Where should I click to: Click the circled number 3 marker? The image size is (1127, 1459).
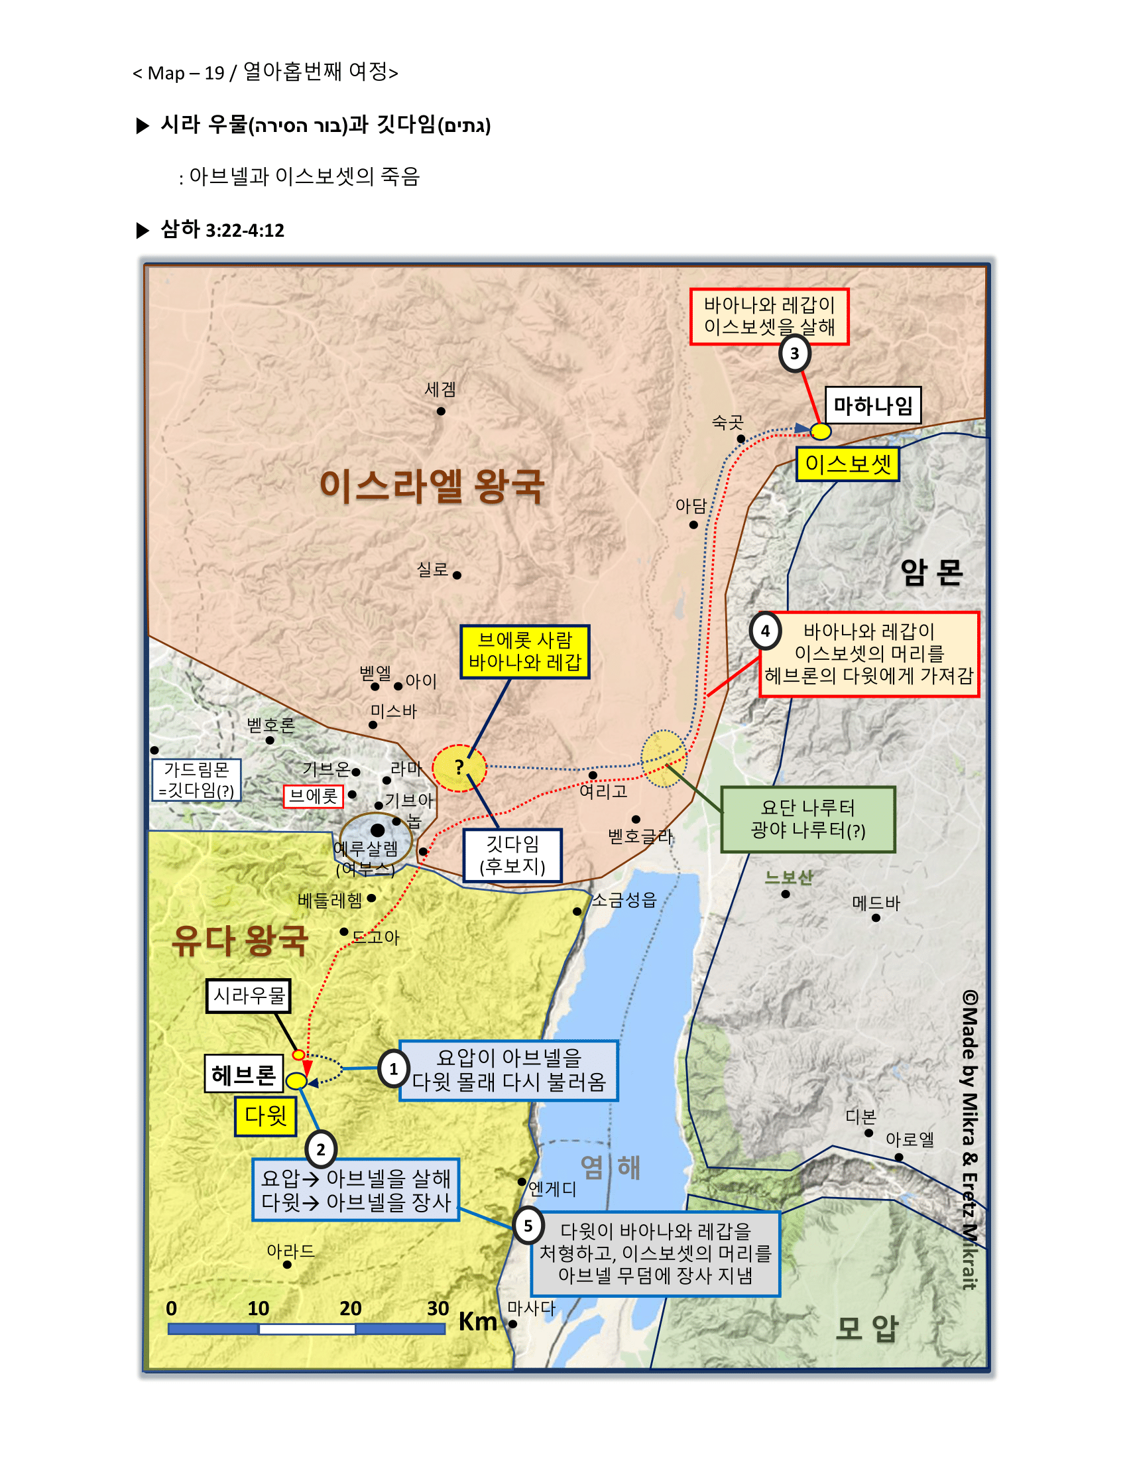pos(794,353)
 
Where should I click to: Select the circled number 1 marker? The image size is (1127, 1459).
pos(393,1070)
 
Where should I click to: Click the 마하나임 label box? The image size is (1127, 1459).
pos(872,405)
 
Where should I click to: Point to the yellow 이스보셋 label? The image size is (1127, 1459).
pos(847,464)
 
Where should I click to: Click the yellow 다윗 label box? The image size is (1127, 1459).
pos(265,1116)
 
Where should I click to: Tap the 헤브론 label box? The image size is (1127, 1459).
pos(244,1074)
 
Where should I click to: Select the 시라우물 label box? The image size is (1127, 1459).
pos(249,996)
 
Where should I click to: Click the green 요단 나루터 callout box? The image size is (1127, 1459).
pos(808,819)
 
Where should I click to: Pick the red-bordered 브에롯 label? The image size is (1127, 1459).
pos(313,796)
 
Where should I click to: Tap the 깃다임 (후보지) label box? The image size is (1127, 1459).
pos(512,855)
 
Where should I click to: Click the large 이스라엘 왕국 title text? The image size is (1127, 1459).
pos(432,485)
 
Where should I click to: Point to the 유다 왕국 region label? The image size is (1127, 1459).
pos(240,940)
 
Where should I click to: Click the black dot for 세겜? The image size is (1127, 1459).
pos(441,412)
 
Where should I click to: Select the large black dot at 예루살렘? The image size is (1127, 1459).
pos(377,830)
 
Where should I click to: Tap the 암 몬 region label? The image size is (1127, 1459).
pos(931,572)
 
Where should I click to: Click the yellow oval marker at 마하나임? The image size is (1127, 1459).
pos(821,432)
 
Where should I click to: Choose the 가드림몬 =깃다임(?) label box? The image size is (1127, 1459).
pos(196,780)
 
